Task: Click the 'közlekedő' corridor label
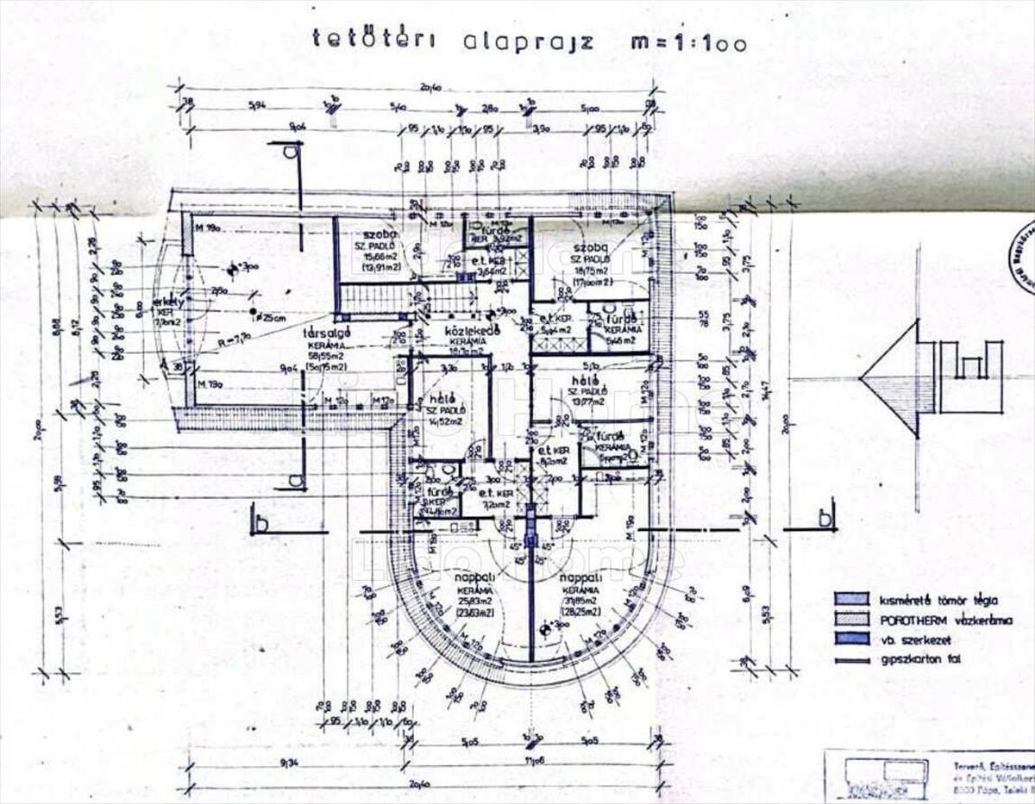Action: click(468, 331)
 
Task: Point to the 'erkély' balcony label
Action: click(166, 303)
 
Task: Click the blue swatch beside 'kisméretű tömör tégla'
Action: click(850, 599)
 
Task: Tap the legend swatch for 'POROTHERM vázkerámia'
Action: click(850, 619)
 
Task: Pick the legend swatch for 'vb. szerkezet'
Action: click(850, 639)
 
